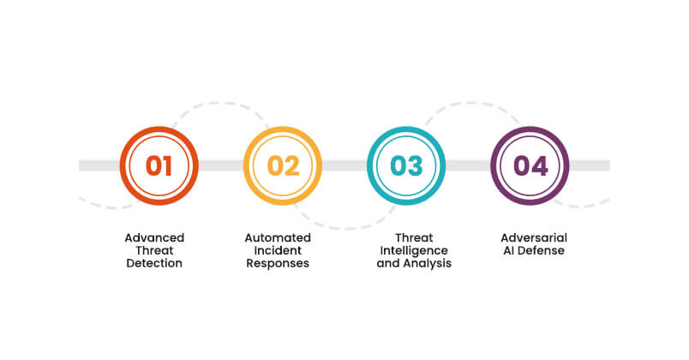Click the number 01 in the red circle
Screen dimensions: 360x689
159,165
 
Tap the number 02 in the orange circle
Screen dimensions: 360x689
282,165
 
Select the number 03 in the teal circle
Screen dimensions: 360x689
406,165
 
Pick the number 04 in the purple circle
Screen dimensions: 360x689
530,165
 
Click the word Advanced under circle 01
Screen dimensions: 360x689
154,237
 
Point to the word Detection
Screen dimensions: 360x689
154,263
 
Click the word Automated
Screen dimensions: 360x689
278,237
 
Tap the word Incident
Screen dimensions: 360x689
278,250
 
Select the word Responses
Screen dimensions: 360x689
278,263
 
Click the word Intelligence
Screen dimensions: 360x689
414,250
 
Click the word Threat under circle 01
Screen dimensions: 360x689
154,250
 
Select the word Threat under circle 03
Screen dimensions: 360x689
414,237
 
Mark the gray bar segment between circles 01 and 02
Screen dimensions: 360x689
220,165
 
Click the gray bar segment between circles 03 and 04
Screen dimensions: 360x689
468,165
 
